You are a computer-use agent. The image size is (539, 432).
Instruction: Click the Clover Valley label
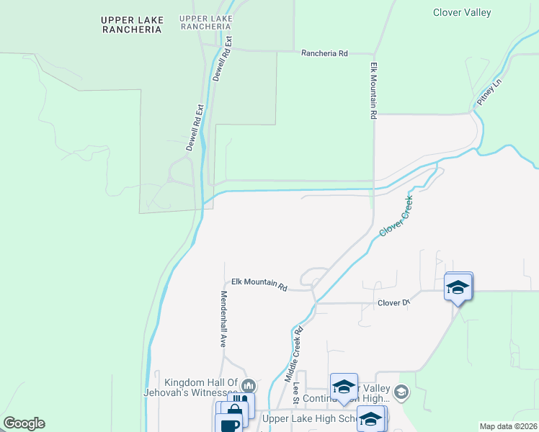pos(462,12)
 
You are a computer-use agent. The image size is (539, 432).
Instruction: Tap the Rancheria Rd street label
pos(324,53)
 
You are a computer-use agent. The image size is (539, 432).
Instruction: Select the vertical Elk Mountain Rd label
pos(374,91)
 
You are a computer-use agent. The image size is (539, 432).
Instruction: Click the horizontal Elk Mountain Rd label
pos(259,284)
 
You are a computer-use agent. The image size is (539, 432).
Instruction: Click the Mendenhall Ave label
pos(223,319)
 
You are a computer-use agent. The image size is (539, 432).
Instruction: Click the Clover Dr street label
pos(393,303)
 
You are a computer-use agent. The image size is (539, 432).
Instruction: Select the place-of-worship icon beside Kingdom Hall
pos(249,384)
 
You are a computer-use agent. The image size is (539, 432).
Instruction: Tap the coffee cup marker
pos(230,423)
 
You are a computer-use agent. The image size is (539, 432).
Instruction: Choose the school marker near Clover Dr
pos(458,287)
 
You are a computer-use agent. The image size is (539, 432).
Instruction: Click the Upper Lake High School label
pos(311,418)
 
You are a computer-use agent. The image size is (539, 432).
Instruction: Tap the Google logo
pos(24,423)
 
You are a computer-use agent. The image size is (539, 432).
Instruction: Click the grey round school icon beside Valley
pos(401,392)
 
